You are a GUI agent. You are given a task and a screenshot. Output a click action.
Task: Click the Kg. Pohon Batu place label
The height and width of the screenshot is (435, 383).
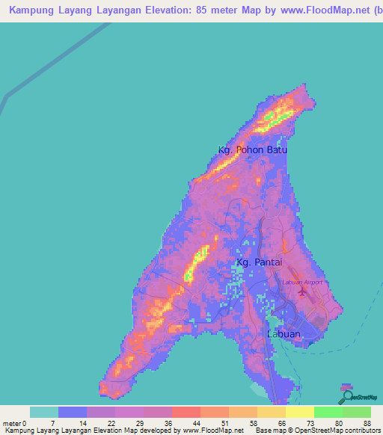252,150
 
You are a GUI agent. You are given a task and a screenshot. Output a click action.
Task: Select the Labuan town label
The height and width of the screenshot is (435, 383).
284,334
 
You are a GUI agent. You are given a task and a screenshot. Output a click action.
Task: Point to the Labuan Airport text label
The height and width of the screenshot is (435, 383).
302,283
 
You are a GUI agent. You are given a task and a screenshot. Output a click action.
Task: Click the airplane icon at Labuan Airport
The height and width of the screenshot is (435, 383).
301,291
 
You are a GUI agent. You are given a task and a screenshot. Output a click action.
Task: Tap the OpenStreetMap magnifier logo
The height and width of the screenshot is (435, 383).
346,395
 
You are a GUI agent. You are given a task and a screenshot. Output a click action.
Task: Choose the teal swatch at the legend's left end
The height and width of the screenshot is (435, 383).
44,412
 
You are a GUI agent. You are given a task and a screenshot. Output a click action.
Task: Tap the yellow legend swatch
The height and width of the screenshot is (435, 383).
300,412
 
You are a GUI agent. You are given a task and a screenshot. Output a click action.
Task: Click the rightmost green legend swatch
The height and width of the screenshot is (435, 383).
356,412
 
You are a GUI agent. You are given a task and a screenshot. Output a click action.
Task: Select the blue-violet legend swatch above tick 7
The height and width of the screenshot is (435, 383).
73,412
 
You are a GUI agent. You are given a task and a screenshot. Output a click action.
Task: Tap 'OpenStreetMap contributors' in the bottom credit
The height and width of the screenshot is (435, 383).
337,431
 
